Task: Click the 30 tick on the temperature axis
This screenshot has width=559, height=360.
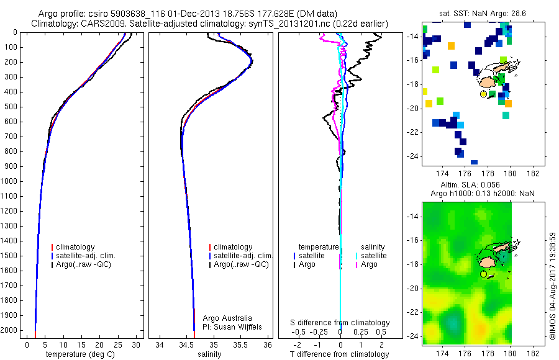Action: [x=137, y=345]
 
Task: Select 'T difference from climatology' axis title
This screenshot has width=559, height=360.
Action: [x=340, y=354]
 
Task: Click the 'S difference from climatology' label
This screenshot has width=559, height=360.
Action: [x=340, y=323]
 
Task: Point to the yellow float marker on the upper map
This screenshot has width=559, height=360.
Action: [x=483, y=94]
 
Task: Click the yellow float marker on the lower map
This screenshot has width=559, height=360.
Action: [x=483, y=274]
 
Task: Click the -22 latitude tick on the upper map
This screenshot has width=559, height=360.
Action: [x=411, y=132]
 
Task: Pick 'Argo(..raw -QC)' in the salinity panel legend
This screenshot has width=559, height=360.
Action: [x=241, y=264]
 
